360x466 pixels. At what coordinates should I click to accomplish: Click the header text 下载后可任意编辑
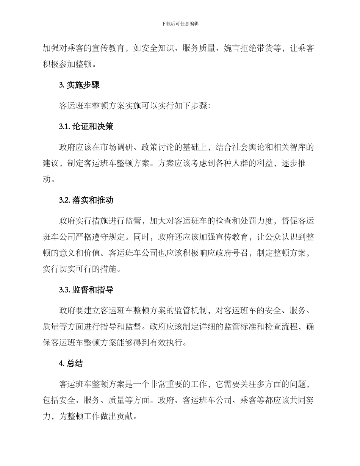[x=180, y=23]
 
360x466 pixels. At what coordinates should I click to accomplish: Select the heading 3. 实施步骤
[x=79, y=85]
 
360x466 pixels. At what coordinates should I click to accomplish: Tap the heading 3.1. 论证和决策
[x=86, y=127]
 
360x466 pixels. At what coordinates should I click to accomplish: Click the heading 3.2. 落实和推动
[x=86, y=200]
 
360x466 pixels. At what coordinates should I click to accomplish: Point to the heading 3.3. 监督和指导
[x=86, y=290]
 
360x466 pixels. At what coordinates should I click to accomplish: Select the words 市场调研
[x=125, y=147]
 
